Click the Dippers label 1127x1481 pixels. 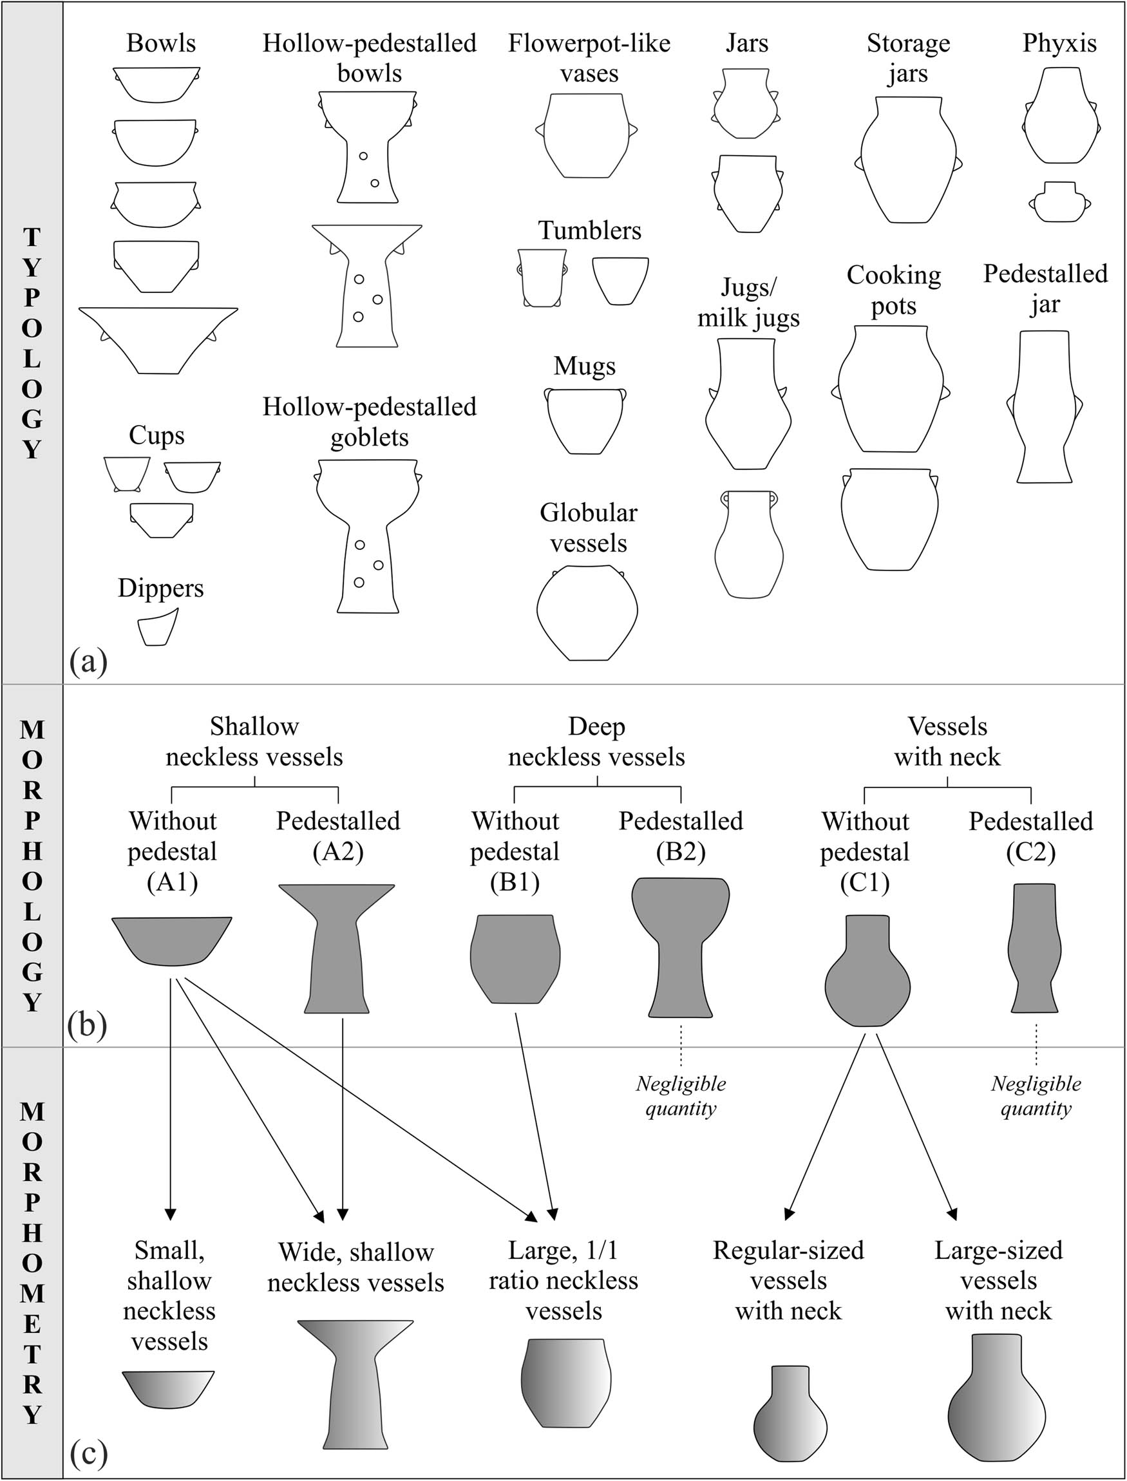160,589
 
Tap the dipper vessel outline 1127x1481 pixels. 157,628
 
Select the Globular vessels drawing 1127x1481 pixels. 587,613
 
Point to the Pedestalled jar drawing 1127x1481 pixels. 1044,406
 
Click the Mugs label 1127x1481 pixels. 584,366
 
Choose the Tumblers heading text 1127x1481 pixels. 589,231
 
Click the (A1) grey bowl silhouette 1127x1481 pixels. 172,939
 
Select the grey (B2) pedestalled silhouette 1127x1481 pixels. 680,946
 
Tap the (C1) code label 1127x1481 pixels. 865,882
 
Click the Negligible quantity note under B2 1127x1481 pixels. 680,1095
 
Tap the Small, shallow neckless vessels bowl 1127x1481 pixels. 167,1388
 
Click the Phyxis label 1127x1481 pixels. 1059,44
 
